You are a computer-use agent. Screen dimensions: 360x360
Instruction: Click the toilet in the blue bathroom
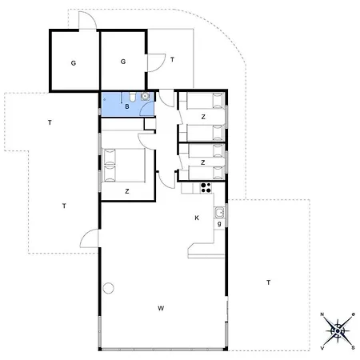click(x=133, y=96)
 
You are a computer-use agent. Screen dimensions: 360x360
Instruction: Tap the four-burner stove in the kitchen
click(x=206, y=188)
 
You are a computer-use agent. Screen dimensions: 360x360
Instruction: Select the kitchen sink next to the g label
click(x=219, y=213)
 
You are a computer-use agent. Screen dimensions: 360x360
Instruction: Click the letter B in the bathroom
click(x=127, y=106)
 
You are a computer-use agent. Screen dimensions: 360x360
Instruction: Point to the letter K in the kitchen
click(x=197, y=218)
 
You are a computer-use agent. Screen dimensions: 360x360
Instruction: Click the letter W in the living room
click(x=161, y=308)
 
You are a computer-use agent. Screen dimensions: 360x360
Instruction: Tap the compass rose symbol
click(x=338, y=331)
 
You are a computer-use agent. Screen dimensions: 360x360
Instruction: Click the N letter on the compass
click(x=322, y=314)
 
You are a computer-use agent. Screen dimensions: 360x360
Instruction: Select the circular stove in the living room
click(x=109, y=288)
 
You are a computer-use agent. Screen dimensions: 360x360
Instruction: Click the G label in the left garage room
click(x=74, y=63)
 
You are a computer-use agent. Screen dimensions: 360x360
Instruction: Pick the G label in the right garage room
click(x=123, y=62)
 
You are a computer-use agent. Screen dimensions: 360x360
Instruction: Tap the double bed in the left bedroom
click(x=124, y=165)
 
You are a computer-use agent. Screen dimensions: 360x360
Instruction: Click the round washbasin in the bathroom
click(x=145, y=96)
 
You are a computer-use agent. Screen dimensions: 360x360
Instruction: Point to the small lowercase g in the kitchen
click(x=219, y=224)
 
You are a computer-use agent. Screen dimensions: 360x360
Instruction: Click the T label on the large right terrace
click(x=269, y=282)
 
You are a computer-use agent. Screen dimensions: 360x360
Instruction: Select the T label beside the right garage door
click(x=173, y=59)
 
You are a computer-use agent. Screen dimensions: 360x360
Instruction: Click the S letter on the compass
click(x=353, y=348)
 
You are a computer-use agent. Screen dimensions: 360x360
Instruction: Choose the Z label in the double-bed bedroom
click(x=127, y=191)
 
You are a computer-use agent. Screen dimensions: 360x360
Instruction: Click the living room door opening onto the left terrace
click(x=90, y=238)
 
